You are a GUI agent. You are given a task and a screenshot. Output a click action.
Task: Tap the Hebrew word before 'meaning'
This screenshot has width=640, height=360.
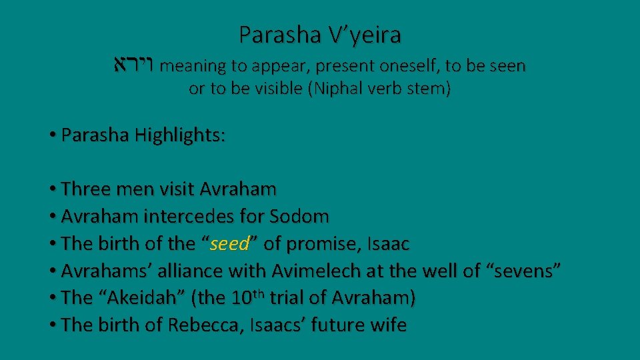tap(134, 66)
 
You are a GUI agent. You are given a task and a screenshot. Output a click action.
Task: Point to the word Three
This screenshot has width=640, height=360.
tap(85, 189)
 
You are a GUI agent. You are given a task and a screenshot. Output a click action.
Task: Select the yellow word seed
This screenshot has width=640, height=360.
tap(229, 244)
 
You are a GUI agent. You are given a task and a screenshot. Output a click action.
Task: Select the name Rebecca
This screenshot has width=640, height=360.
tap(198, 325)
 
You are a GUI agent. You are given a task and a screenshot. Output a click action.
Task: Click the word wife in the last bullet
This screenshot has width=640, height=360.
tap(387, 325)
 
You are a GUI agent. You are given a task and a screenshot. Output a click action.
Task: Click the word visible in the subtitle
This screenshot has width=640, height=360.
tap(279, 90)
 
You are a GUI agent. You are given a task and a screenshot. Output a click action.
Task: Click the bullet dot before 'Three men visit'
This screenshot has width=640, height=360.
tap(53, 190)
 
